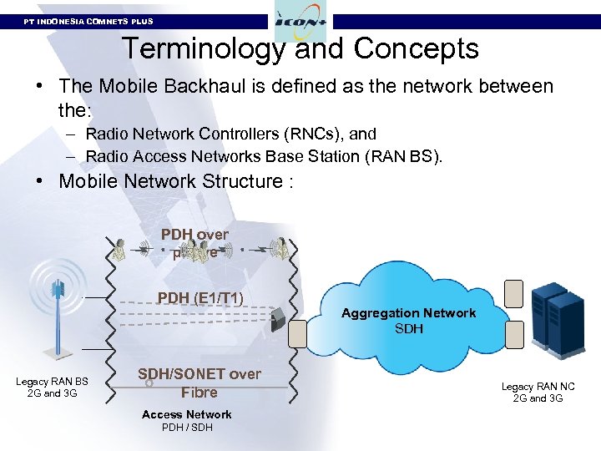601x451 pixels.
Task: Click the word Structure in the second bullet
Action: (230, 181)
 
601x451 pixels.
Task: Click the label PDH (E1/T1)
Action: (200, 298)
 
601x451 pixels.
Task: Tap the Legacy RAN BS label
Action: (52, 388)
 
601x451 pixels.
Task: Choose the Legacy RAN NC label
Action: (538, 393)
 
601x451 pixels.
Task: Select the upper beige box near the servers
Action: (513, 294)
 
